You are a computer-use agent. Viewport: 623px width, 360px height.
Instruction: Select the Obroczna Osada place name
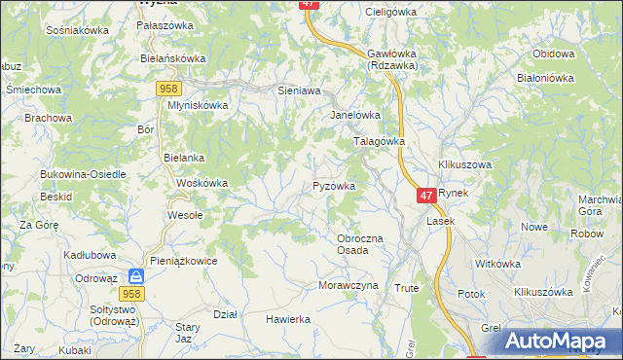click(x=359, y=244)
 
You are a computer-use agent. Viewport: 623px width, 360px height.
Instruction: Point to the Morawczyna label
click(x=348, y=285)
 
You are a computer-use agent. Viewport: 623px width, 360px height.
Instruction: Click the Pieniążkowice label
click(x=185, y=261)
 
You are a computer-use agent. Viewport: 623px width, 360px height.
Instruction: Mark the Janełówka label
click(x=354, y=114)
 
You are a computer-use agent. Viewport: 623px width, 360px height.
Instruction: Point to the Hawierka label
click(x=288, y=318)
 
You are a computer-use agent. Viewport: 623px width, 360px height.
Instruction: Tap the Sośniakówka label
click(x=77, y=30)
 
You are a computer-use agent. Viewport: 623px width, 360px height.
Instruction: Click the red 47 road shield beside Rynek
click(x=425, y=196)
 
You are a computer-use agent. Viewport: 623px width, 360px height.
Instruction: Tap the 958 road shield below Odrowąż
click(x=134, y=293)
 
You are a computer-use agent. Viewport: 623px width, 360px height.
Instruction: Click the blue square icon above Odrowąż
click(x=135, y=276)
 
